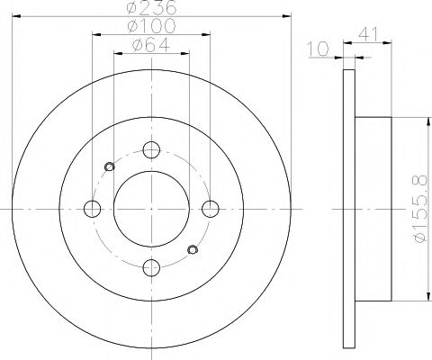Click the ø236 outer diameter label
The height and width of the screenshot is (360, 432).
(x=151, y=8)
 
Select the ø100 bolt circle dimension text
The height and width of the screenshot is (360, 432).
(x=151, y=25)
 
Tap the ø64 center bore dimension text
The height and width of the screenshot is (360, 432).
(x=151, y=45)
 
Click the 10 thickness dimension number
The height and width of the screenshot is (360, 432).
(x=319, y=49)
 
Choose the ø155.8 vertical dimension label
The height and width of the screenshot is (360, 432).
(x=419, y=209)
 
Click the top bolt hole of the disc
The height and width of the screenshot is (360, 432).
(x=151, y=149)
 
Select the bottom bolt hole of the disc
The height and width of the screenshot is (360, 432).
(x=151, y=267)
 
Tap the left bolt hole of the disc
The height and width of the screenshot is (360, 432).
(x=92, y=209)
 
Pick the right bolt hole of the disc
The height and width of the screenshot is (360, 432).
(x=211, y=209)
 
